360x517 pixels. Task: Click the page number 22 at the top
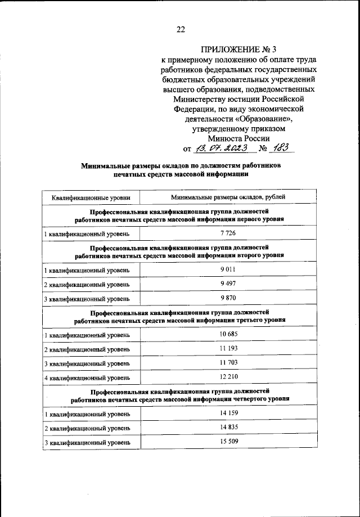(181, 30)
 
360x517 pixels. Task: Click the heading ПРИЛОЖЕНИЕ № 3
(235, 50)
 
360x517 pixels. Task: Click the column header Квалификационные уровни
(92, 197)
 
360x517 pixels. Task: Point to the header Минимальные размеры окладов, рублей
(228, 197)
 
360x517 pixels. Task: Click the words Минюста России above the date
(238, 138)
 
